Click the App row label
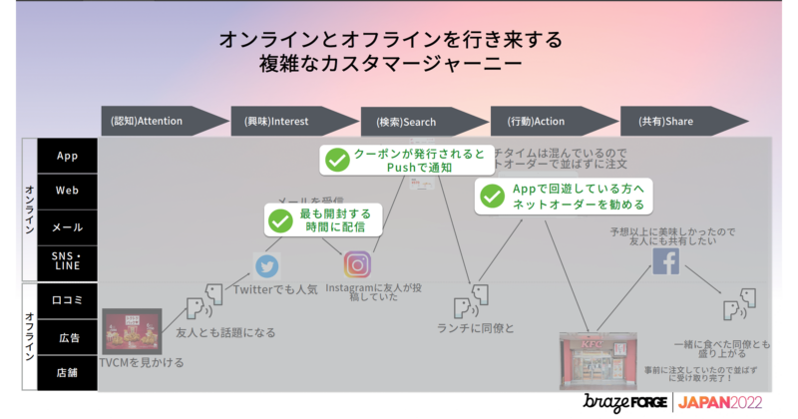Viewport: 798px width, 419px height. [68, 156]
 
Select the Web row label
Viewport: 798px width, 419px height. [68, 191]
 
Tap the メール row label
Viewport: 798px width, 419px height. [68, 227]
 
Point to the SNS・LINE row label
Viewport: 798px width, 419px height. [68, 263]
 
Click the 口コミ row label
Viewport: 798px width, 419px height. [68, 299]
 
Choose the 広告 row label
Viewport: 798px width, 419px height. [68, 337]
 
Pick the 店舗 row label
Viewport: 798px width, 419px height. [68, 373]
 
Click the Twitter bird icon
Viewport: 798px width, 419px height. [266, 265]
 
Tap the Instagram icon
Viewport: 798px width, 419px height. [357, 264]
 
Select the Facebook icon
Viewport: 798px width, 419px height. [665, 261]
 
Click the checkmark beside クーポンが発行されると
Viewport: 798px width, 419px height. [337, 160]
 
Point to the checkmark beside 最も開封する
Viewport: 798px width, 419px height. [281, 219]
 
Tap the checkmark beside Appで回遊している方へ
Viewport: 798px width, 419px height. [491, 195]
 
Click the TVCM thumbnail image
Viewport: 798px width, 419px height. [132, 330]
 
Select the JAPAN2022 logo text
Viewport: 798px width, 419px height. [719, 402]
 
